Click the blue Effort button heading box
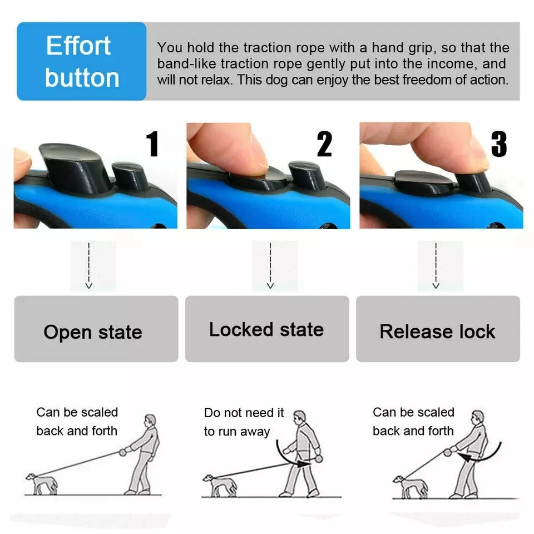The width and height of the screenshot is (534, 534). point(82,61)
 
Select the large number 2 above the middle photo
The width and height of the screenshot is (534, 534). point(324,145)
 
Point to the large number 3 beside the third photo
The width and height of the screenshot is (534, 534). point(498,144)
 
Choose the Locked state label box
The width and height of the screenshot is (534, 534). point(267,329)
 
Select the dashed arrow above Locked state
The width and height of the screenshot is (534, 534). point(270,266)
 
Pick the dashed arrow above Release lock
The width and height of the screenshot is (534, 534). point(436,266)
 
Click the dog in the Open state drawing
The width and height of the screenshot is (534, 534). point(42,482)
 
